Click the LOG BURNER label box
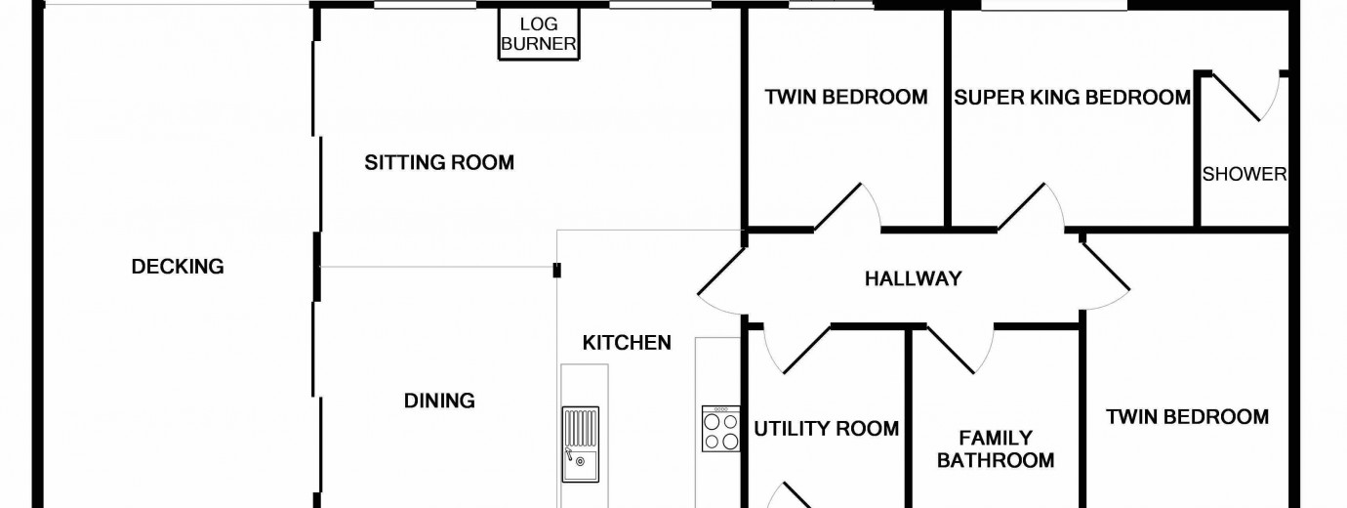pyautogui.click(x=539, y=34)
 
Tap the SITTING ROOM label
pyautogui.click(x=439, y=162)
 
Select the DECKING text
pyautogui.click(x=178, y=267)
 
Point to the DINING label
pyautogui.click(x=439, y=401)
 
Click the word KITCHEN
pyautogui.click(x=627, y=343)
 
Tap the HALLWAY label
pyautogui.click(x=913, y=279)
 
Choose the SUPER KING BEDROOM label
pyautogui.click(x=1072, y=98)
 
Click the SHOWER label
pyautogui.click(x=1244, y=175)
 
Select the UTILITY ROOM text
pyautogui.click(x=826, y=429)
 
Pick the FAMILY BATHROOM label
pyautogui.click(x=996, y=449)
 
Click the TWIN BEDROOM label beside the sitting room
pyautogui.click(x=845, y=98)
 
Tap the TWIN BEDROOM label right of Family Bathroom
pyautogui.click(x=1187, y=417)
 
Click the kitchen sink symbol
pyautogui.click(x=580, y=444)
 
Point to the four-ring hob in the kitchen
pyautogui.click(x=721, y=429)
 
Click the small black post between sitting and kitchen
pyautogui.click(x=556, y=270)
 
